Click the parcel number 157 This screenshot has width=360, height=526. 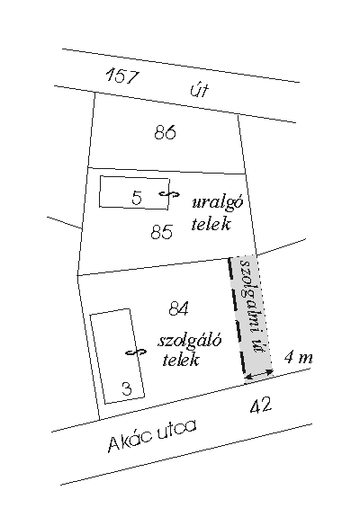pyautogui.click(x=122, y=76)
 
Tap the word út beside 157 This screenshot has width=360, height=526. pyautogui.click(x=200, y=90)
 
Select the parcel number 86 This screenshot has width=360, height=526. pyautogui.click(x=166, y=132)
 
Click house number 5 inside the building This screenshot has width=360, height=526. pyautogui.click(x=137, y=198)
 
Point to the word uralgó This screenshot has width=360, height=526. pyautogui.click(x=218, y=202)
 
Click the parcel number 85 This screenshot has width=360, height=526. pyautogui.click(x=161, y=231)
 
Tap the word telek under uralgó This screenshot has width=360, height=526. pyautogui.click(x=211, y=224)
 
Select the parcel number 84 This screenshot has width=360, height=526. pyautogui.click(x=179, y=308)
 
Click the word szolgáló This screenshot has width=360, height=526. pyautogui.click(x=190, y=341)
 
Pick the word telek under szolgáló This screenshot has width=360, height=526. pyautogui.click(x=181, y=360)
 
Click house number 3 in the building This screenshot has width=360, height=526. pyautogui.click(x=127, y=388)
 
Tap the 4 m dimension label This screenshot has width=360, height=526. pyautogui.click(x=298, y=358)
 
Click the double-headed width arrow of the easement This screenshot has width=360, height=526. pyautogui.click(x=258, y=374)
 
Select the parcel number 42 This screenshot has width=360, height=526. pyautogui.click(x=261, y=406)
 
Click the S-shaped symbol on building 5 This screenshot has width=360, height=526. pyautogui.click(x=169, y=194)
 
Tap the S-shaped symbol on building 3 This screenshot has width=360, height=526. pyautogui.click(x=136, y=352)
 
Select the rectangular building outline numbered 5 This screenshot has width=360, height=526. pyautogui.click(x=99, y=192)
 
